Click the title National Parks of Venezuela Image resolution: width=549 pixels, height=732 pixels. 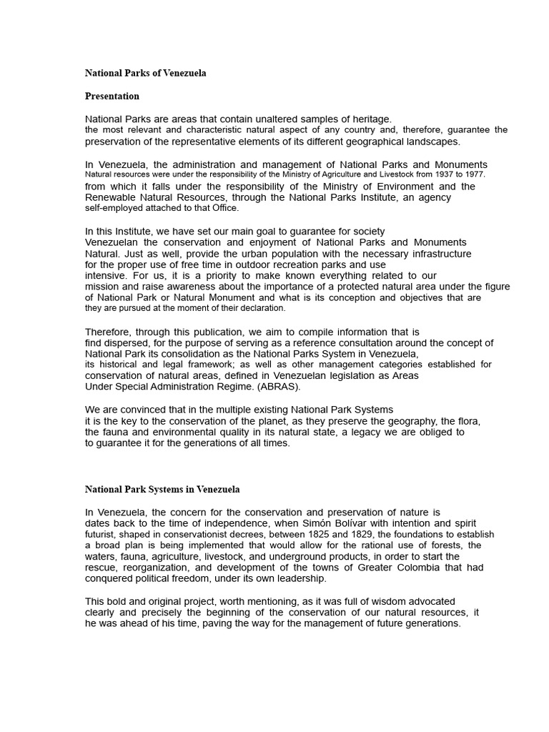146,74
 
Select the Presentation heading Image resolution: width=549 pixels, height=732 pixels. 112,96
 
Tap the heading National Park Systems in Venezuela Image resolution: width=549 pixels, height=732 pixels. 162,490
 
